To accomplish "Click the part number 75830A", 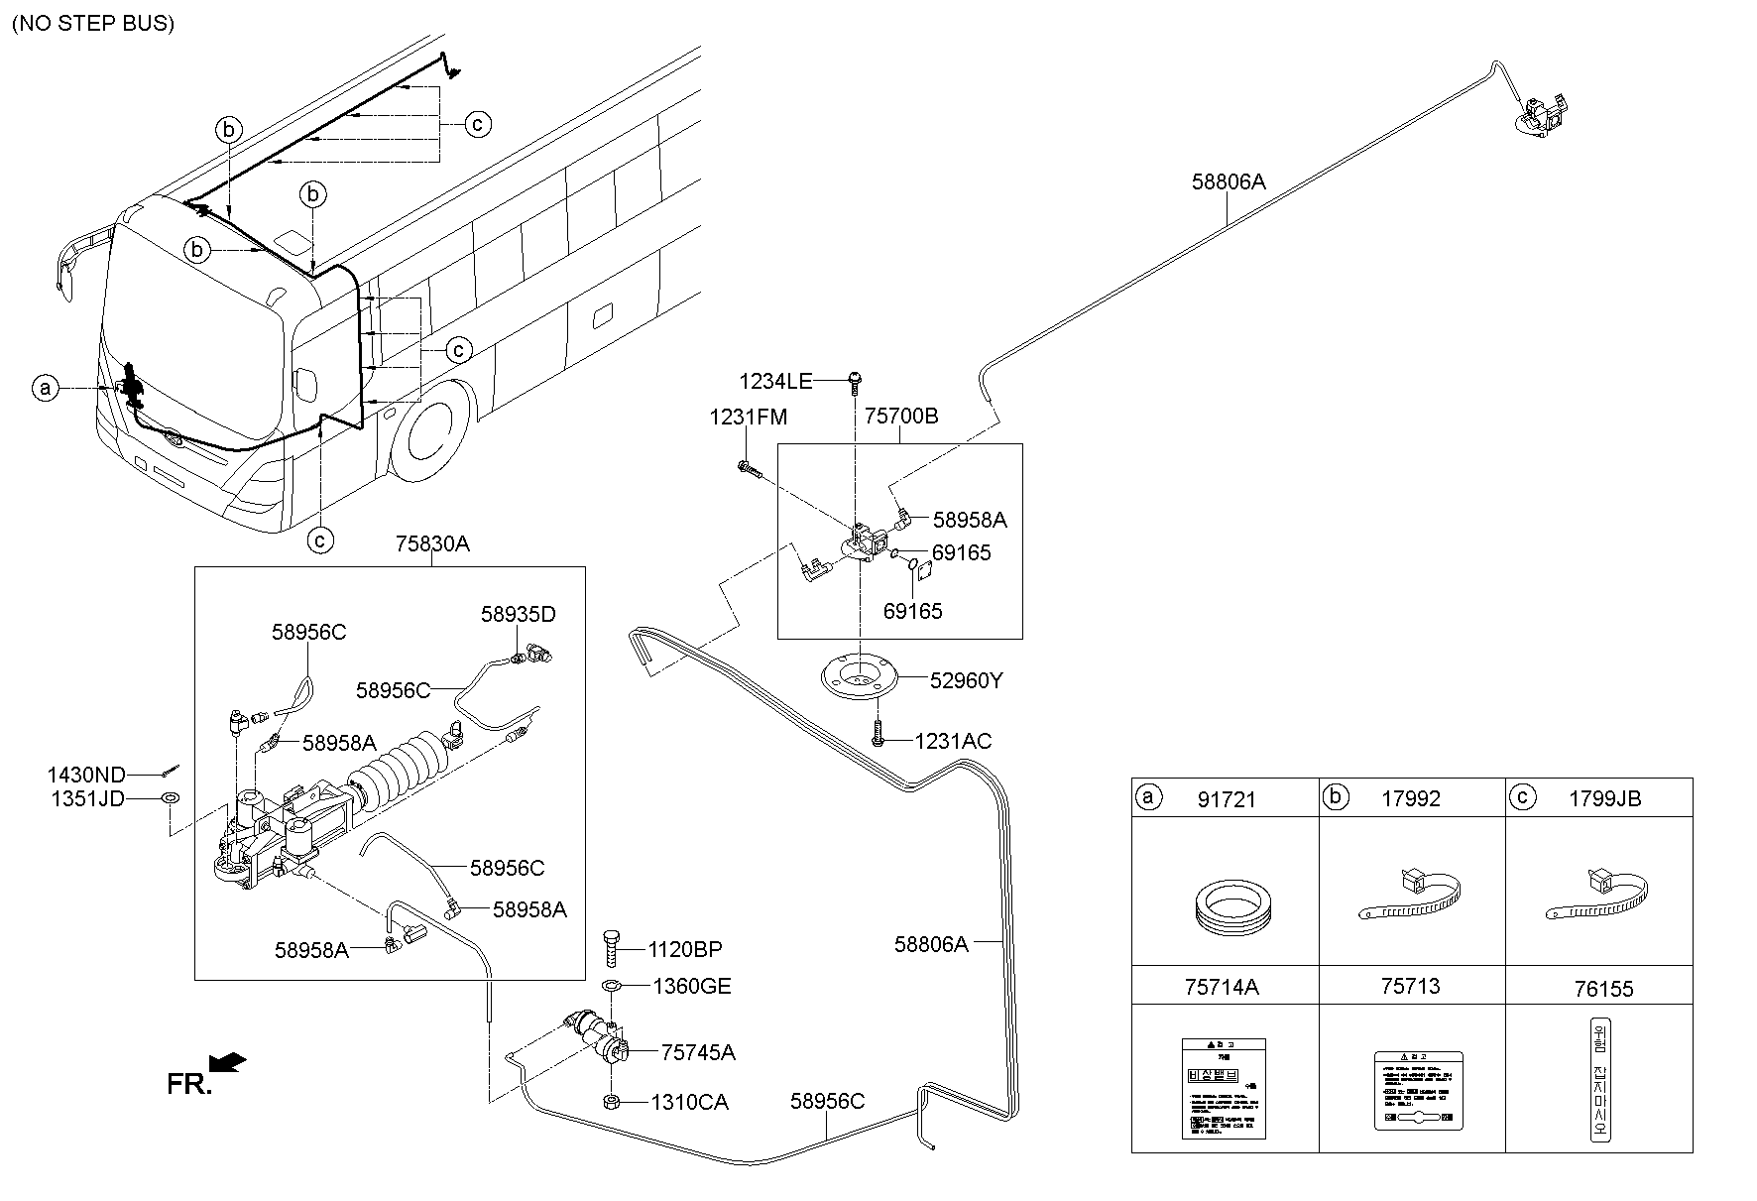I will pyautogui.click(x=432, y=544).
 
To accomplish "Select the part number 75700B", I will pyautogui.click(x=900, y=417).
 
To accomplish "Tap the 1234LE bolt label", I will pyautogui.click(x=775, y=381).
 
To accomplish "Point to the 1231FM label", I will pyautogui.click(x=748, y=418).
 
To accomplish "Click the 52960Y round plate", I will pyautogui.click(x=859, y=680).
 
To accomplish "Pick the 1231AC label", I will pyautogui.click(x=953, y=741).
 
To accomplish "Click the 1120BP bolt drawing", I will pyautogui.click(x=611, y=949).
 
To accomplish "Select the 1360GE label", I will pyautogui.click(x=691, y=986).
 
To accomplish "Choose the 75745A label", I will pyautogui.click(x=698, y=1052).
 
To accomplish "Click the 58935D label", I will pyautogui.click(x=519, y=614).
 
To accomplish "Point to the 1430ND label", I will pyautogui.click(x=86, y=775).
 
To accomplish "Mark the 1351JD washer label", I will pyautogui.click(x=86, y=798).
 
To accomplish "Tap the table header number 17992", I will pyautogui.click(x=1410, y=798).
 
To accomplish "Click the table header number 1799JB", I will pyautogui.click(x=1604, y=798).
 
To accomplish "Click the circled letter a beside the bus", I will pyautogui.click(x=44, y=388).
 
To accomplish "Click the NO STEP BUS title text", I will pyautogui.click(x=93, y=24).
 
